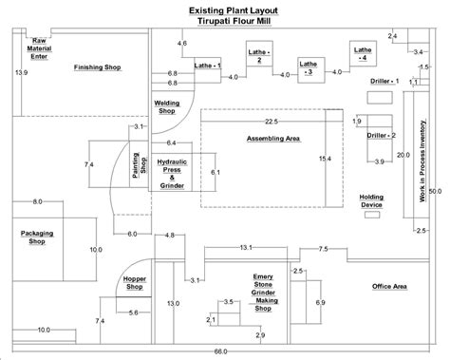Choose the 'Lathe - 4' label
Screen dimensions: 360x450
click(x=361, y=53)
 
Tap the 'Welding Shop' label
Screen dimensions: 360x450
click(x=167, y=107)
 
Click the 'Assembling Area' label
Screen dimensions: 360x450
click(x=272, y=139)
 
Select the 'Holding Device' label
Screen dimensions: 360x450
click(x=371, y=199)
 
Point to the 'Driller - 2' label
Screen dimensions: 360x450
click(x=381, y=136)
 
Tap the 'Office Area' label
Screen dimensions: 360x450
click(x=389, y=286)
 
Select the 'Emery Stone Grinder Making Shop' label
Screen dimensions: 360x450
click(x=263, y=294)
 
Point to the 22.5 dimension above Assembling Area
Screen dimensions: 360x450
click(x=272, y=122)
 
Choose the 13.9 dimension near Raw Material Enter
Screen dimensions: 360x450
click(x=21, y=72)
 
